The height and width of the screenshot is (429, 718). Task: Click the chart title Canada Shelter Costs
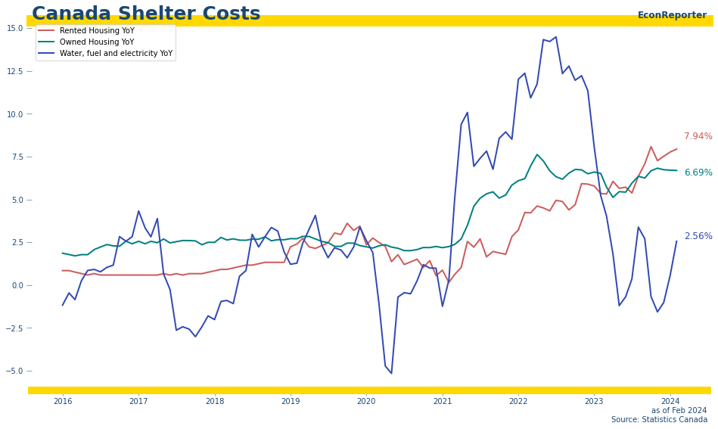(x=146, y=14)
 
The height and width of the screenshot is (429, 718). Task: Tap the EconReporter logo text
(x=672, y=15)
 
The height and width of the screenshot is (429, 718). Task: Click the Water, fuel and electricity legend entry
(x=116, y=54)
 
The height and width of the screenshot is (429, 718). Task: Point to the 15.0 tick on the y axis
(x=15, y=28)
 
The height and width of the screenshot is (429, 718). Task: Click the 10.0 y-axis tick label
(x=15, y=114)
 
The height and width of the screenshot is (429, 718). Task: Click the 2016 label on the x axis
(x=63, y=401)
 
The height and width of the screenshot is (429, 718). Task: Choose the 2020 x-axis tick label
(x=366, y=401)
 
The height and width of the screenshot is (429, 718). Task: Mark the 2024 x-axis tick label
(x=670, y=401)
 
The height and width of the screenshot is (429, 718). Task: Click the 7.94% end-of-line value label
(x=698, y=137)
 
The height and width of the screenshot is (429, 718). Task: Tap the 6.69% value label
(x=698, y=173)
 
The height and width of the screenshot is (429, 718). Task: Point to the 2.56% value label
(x=698, y=237)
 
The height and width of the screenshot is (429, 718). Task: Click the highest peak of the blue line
(x=555, y=37)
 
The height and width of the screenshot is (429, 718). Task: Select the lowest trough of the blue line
(x=391, y=373)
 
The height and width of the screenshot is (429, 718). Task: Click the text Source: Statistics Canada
(x=659, y=420)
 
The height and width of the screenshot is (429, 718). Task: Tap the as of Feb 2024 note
(x=679, y=411)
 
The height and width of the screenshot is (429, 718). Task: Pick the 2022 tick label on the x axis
(x=518, y=401)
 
